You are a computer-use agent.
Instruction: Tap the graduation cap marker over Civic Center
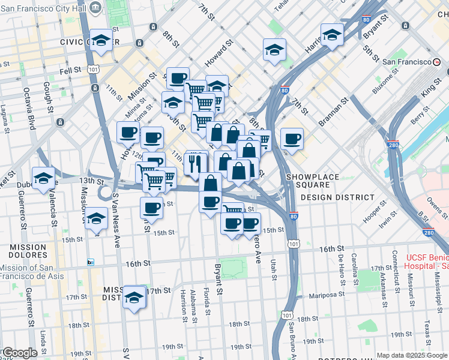click(x=101, y=41)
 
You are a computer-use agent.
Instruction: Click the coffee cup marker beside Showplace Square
click(x=292, y=140)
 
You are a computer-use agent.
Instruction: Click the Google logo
click(x=19, y=353)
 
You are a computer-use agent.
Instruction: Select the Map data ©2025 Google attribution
click(x=412, y=355)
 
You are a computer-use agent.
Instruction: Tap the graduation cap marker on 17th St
click(x=134, y=297)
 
